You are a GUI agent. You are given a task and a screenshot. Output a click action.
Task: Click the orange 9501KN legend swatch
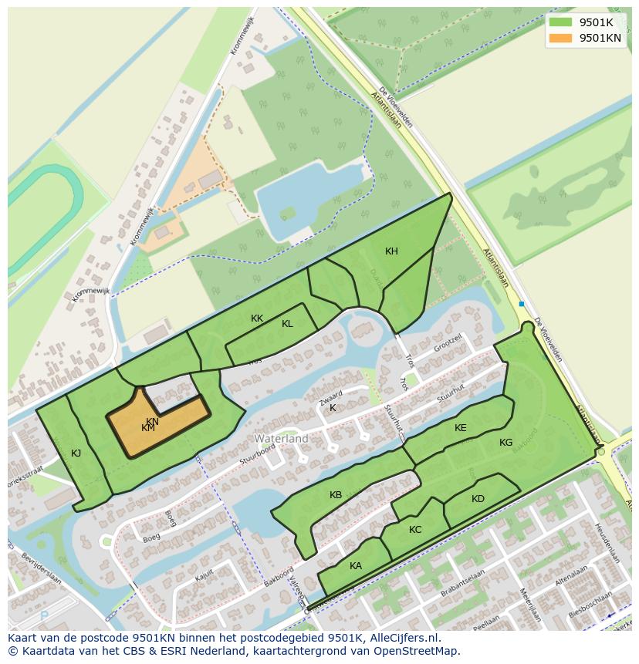pyautogui.click(x=561, y=38)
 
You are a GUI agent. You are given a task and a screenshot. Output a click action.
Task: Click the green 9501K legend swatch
pyautogui.click(x=561, y=22)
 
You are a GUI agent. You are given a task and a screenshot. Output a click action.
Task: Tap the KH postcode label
pyautogui.click(x=391, y=251)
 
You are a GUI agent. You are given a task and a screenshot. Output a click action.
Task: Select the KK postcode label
pyautogui.click(x=257, y=319)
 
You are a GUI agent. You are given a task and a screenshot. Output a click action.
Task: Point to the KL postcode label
pyautogui.click(x=287, y=324)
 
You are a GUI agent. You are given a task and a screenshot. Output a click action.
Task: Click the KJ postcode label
pyautogui.click(x=76, y=453)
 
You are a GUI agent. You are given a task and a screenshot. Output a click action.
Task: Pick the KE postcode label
pyautogui.click(x=461, y=428)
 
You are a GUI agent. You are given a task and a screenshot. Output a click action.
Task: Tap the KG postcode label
pyautogui.click(x=505, y=443)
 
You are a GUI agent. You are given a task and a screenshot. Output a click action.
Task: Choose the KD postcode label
pyautogui.click(x=478, y=499)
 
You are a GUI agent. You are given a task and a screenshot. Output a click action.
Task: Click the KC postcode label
pyautogui.click(x=415, y=530)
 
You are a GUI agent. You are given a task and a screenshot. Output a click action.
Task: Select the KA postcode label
pyautogui.click(x=355, y=566)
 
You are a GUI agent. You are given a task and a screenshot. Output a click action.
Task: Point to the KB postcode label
pyautogui.click(x=335, y=495)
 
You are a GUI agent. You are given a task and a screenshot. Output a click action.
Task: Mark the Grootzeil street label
pyautogui.click(x=448, y=341)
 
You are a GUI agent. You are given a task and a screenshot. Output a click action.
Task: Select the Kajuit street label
pyautogui.click(x=204, y=576)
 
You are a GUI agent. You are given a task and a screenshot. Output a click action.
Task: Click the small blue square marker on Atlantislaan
pyautogui.click(x=522, y=304)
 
